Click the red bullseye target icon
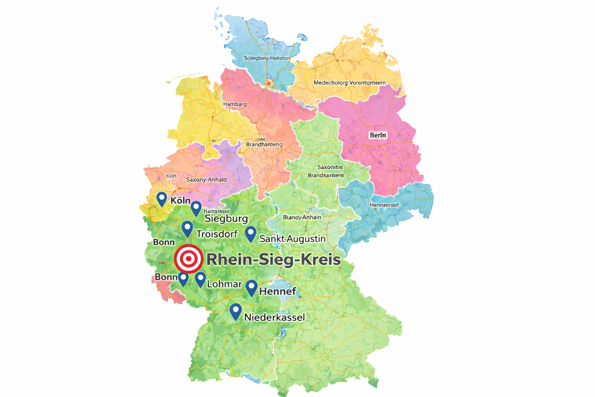(x=189, y=259)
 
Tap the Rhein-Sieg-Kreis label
(x=273, y=259)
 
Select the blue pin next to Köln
(x=162, y=198)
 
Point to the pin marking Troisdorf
(x=187, y=228)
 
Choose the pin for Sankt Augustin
(x=251, y=234)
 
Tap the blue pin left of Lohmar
(x=200, y=279)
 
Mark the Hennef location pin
(x=252, y=287)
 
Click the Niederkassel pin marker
(x=236, y=311)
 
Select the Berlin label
(x=378, y=135)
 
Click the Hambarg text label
(x=235, y=104)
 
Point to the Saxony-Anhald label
(x=206, y=180)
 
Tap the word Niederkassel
(x=274, y=318)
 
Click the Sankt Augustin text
(x=292, y=239)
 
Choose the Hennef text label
(x=277, y=291)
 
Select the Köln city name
(x=181, y=200)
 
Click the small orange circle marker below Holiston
(x=268, y=84)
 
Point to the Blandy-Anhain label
(x=302, y=217)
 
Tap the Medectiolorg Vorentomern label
(x=349, y=83)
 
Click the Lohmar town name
(x=224, y=284)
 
